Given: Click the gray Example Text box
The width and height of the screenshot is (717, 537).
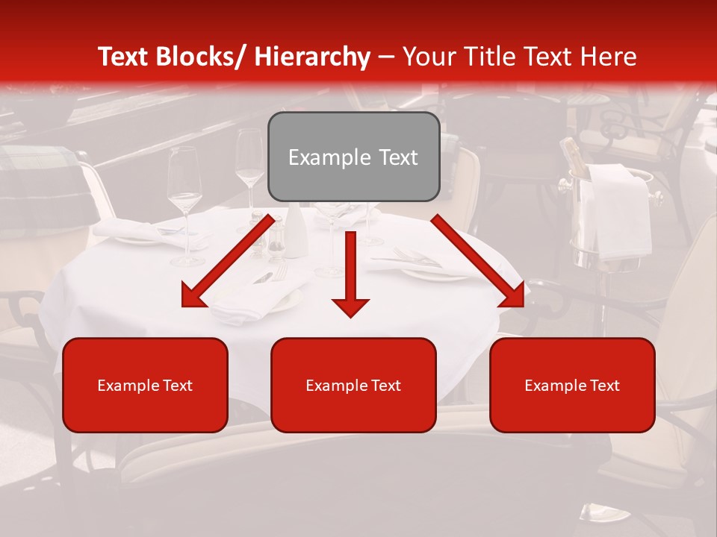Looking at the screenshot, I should coord(353,157).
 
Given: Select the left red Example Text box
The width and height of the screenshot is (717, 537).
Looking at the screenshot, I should coord(145,385).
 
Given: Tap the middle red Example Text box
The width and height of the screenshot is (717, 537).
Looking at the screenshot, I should coord(353,385).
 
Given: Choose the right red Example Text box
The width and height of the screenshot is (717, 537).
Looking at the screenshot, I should coord(572,385).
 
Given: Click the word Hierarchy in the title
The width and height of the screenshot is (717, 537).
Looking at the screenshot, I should coord(312,57).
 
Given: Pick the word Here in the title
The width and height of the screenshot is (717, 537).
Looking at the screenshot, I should coord(611,57).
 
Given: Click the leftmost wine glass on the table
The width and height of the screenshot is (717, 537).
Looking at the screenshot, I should coord(184,201).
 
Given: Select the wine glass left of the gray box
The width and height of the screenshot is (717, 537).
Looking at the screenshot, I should coord(250,172).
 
